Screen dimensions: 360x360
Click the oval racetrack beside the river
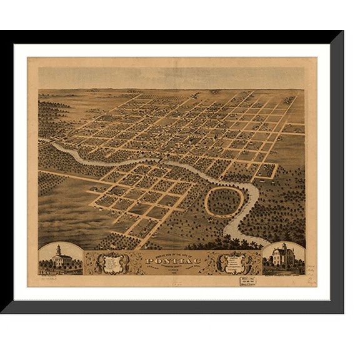point(224,201)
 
